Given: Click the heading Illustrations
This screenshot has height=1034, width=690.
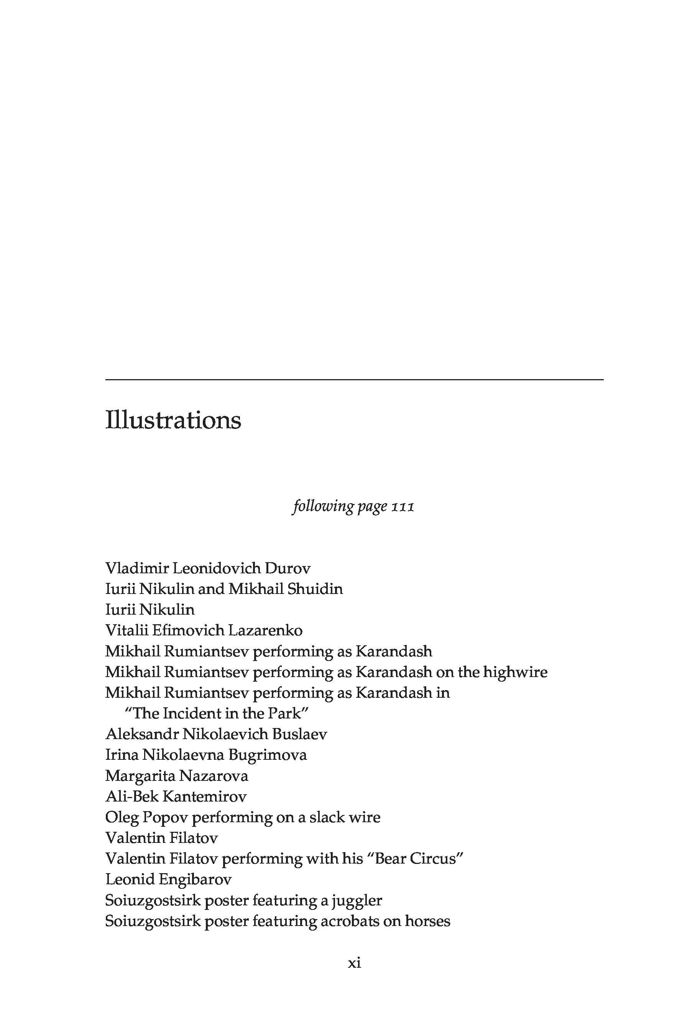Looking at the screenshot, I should point(173,420).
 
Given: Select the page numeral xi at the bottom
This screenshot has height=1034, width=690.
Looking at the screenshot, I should point(354,963).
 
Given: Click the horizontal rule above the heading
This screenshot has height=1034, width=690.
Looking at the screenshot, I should point(354,380).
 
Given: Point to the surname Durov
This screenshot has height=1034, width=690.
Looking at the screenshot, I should point(287,568).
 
